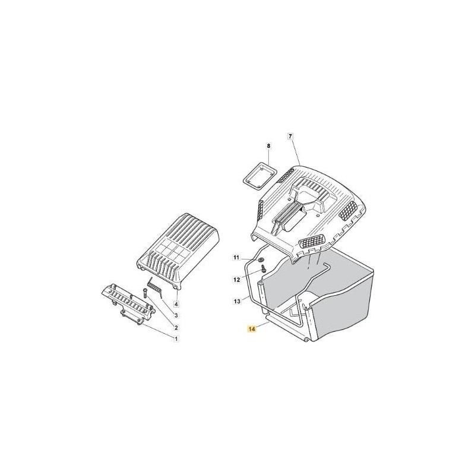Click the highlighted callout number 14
pyautogui.click(x=252, y=329)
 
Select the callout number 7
pyautogui.click(x=290, y=137)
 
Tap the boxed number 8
pyautogui.click(x=268, y=146)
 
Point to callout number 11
pyautogui.click(x=236, y=258)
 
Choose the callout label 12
pyautogui.click(x=237, y=280)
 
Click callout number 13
pyautogui.click(x=237, y=301)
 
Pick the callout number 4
pyautogui.click(x=177, y=303)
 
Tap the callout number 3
pyautogui.click(x=176, y=315)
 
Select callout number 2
pyautogui.click(x=176, y=328)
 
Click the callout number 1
pyautogui.click(x=176, y=338)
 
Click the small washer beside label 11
pyautogui.click(x=261, y=260)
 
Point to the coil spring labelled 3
pyautogui.click(x=155, y=286)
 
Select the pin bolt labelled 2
pyautogui.click(x=144, y=293)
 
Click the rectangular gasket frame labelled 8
pyautogui.click(x=260, y=176)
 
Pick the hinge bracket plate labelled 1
pyautogui.click(x=128, y=303)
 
